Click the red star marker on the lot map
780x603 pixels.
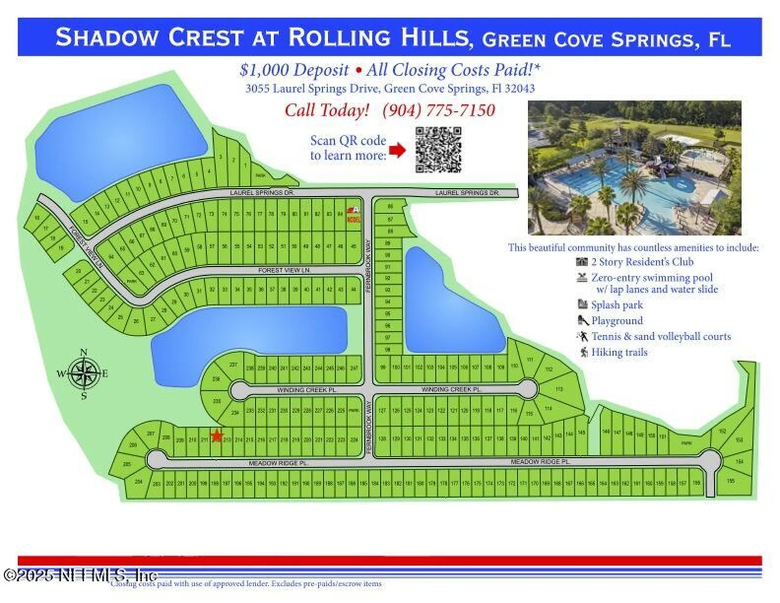[x=217, y=436]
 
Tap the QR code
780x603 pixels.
[x=438, y=150]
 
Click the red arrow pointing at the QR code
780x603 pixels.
[x=397, y=150]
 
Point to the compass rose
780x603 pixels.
[x=84, y=373]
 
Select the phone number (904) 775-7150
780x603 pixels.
[x=439, y=110]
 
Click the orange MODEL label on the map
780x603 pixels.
[x=353, y=220]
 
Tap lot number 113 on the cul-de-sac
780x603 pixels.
[x=559, y=389]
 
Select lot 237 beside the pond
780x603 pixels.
[x=233, y=365]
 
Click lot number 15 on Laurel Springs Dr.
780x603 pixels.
[x=85, y=222]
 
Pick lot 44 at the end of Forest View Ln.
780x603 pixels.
[x=353, y=290]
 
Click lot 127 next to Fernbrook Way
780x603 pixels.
[x=382, y=411]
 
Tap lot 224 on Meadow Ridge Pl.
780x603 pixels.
[x=354, y=440]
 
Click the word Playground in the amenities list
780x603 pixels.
[x=617, y=321]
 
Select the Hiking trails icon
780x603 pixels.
[x=584, y=352]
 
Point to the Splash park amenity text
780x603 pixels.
[x=617, y=305]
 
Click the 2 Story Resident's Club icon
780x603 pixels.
[x=582, y=262]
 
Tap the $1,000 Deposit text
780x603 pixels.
[x=294, y=70]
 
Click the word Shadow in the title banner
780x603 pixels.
[x=106, y=37]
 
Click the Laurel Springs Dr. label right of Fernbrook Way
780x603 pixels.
[x=468, y=193]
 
